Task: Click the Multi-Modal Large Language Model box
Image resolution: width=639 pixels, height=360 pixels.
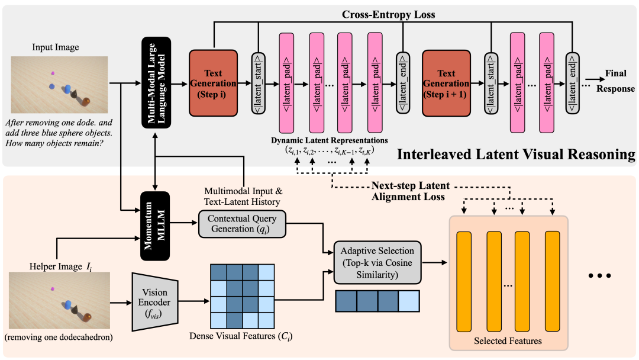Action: [x=156, y=82]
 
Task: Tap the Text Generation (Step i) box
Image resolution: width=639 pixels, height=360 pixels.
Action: [x=212, y=83]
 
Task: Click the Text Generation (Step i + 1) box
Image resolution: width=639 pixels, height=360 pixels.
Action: [x=446, y=83]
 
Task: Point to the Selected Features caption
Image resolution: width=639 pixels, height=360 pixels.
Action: [x=508, y=340]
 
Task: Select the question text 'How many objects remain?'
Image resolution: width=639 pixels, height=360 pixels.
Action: [x=53, y=143]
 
